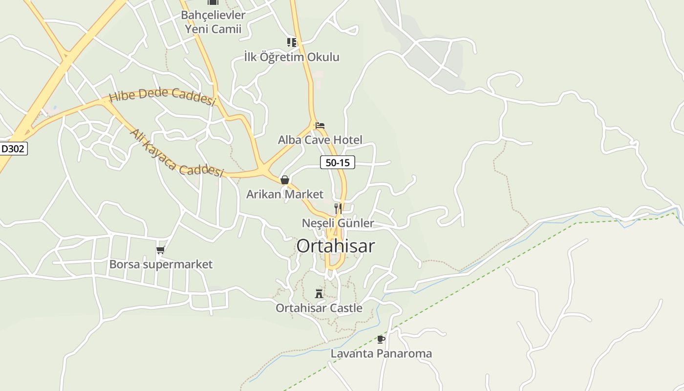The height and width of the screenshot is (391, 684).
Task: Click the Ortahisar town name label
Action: [336, 246]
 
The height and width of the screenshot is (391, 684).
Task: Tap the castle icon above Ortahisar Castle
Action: [319, 293]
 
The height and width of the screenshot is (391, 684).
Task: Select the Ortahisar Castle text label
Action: [319, 308]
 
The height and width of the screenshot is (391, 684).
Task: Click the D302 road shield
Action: [13, 149]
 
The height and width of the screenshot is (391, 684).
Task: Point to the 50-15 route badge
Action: [337, 162]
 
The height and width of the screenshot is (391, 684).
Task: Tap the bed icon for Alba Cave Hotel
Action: [320, 126]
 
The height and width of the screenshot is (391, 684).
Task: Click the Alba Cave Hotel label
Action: [320, 140]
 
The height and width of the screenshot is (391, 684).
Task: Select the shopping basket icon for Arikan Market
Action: [285, 180]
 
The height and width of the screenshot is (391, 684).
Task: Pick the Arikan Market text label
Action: [285, 194]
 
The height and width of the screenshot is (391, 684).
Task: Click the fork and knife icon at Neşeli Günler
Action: [338, 209]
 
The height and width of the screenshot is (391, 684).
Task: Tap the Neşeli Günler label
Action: [338, 223]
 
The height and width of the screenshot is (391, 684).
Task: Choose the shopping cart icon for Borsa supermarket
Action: [160, 250]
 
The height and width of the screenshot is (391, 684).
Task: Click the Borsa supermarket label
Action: [161, 264]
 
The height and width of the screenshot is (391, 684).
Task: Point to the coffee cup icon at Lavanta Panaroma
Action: [381, 339]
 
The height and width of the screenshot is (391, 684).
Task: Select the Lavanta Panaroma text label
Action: [381, 353]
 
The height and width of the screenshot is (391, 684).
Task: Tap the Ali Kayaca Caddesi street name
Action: [176, 153]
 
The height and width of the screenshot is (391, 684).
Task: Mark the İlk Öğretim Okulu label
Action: [292, 57]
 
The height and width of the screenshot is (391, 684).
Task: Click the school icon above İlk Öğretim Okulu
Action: [292, 43]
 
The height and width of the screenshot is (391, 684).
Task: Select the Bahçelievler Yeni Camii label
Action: [213, 22]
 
